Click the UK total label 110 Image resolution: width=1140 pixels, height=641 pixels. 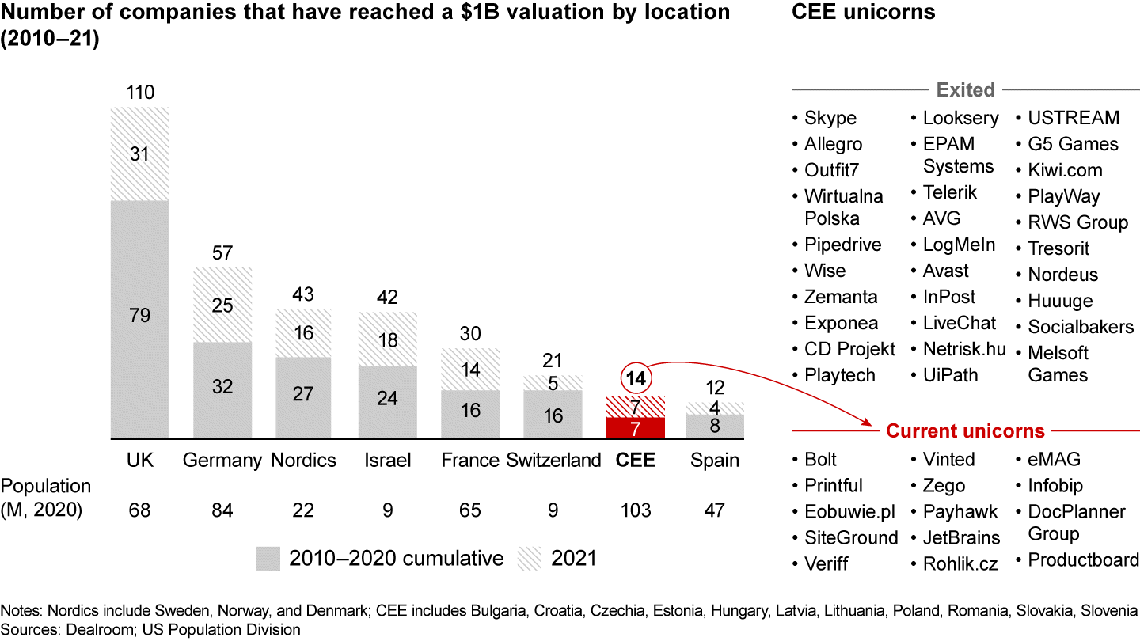(x=139, y=93)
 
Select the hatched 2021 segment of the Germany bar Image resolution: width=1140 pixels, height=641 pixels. (x=222, y=305)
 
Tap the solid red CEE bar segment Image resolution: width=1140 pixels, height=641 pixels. (x=635, y=428)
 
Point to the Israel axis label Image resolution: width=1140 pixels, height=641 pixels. (x=387, y=461)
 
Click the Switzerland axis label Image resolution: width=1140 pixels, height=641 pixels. (x=554, y=461)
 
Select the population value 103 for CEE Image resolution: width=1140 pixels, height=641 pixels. (x=635, y=510)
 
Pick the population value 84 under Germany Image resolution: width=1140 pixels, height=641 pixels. (x=222, y=510)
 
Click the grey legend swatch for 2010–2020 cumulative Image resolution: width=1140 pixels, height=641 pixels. (x=268, y=558)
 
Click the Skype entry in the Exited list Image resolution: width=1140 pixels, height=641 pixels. (x=830, y=118)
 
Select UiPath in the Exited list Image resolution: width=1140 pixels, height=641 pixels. (x=950, y=375)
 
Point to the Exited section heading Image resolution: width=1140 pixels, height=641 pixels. (x=965, y=89)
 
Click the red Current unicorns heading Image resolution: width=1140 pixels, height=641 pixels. (x=965, y=431)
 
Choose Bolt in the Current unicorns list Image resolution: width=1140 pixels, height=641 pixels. (x=820, y=460)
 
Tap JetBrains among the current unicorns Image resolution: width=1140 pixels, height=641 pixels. (x=961, y=538)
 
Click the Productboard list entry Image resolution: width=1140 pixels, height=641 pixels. (x=1083, y=560)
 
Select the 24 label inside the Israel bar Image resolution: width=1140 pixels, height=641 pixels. (x=387, y=398)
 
